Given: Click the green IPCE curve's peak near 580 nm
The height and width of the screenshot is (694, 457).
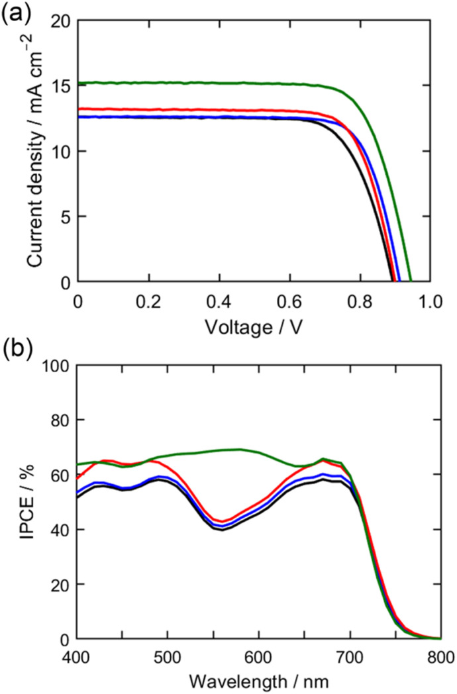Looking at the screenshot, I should pyautogui.click(x=240, y=449).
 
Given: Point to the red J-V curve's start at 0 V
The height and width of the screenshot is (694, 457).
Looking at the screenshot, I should pyautogui.click(x=79, y=109).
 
